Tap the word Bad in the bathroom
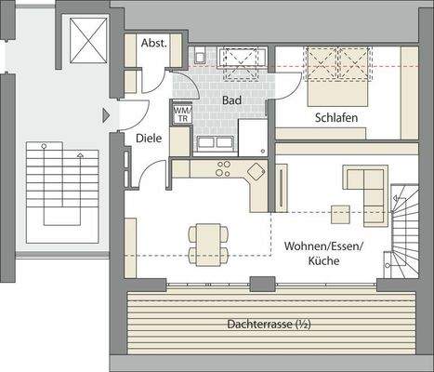231,99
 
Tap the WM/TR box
181,113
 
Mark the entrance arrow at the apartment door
105,115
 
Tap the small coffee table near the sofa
340,215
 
